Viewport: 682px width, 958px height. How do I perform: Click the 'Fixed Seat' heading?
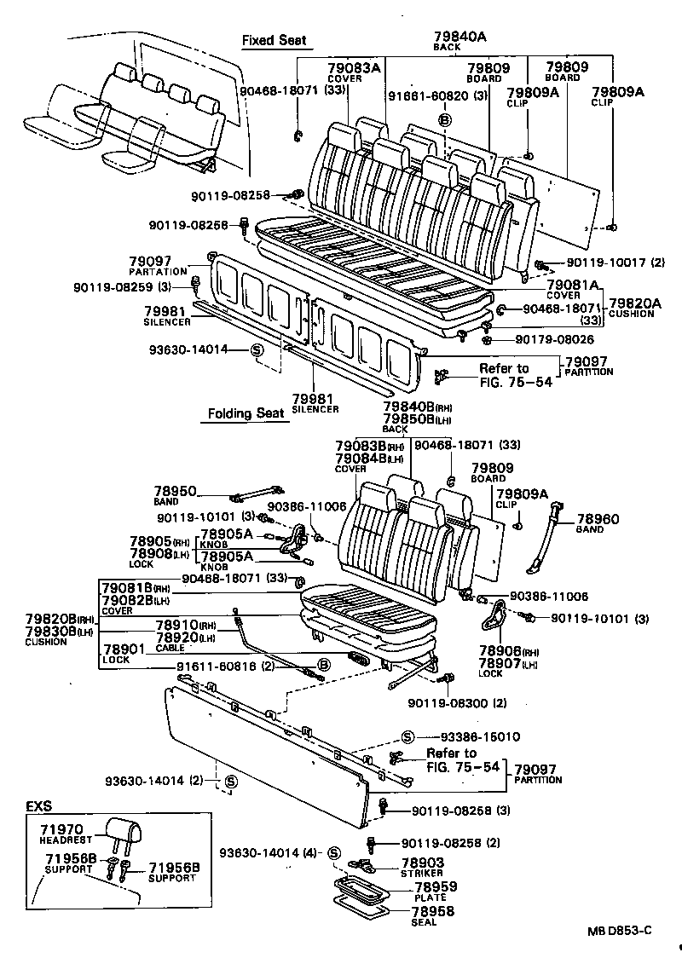(x=273, y=40)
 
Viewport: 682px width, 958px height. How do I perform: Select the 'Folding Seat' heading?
(x=246, y=413)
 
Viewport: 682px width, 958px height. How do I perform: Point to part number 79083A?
(x=353, y=68)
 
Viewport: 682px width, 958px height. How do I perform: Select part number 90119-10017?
(x=595, y=263)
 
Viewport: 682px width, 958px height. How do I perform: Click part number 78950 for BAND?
(x=175, y=492)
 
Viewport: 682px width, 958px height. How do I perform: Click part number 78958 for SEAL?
(x=436, y=911)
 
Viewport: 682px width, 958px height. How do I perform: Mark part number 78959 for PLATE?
(x=436, y=887)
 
